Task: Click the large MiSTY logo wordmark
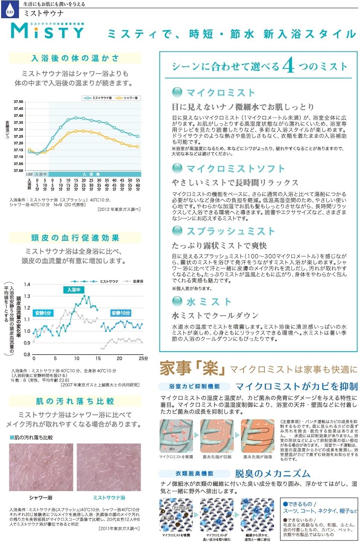(47, 31)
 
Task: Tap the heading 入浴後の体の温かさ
(75, 58)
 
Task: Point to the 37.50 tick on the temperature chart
(18, 102)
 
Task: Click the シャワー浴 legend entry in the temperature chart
(127, 98)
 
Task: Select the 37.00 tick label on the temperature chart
(18, 171)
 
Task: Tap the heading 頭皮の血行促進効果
(75, 238)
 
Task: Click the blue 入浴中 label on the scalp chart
(74, 290)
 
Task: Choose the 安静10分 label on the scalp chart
(121, 313)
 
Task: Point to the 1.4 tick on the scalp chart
(27, 284)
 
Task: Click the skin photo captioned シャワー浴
(41, 467)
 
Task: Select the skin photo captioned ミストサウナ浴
(109, 467)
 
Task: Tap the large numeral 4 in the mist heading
(288, 66)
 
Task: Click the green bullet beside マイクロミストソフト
(177, 168)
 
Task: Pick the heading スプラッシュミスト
(231, 231)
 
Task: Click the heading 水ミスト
(209, 301)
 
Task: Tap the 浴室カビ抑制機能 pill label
(194, 386)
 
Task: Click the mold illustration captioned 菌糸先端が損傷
(258, 436)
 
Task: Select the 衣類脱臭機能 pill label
(194, 474)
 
